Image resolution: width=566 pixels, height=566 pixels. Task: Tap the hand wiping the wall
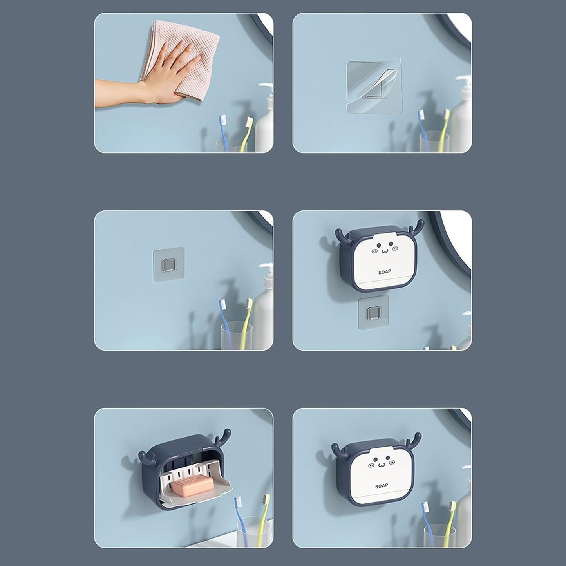153,77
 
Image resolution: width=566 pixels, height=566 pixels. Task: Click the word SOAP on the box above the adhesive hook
385,272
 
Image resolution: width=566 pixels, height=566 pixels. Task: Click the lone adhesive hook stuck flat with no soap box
169,265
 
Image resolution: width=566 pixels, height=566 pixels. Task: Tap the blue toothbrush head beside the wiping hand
222,120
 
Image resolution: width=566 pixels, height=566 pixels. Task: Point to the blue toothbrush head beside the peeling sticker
421,115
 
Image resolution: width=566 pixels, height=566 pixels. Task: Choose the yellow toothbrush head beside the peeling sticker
447,114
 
